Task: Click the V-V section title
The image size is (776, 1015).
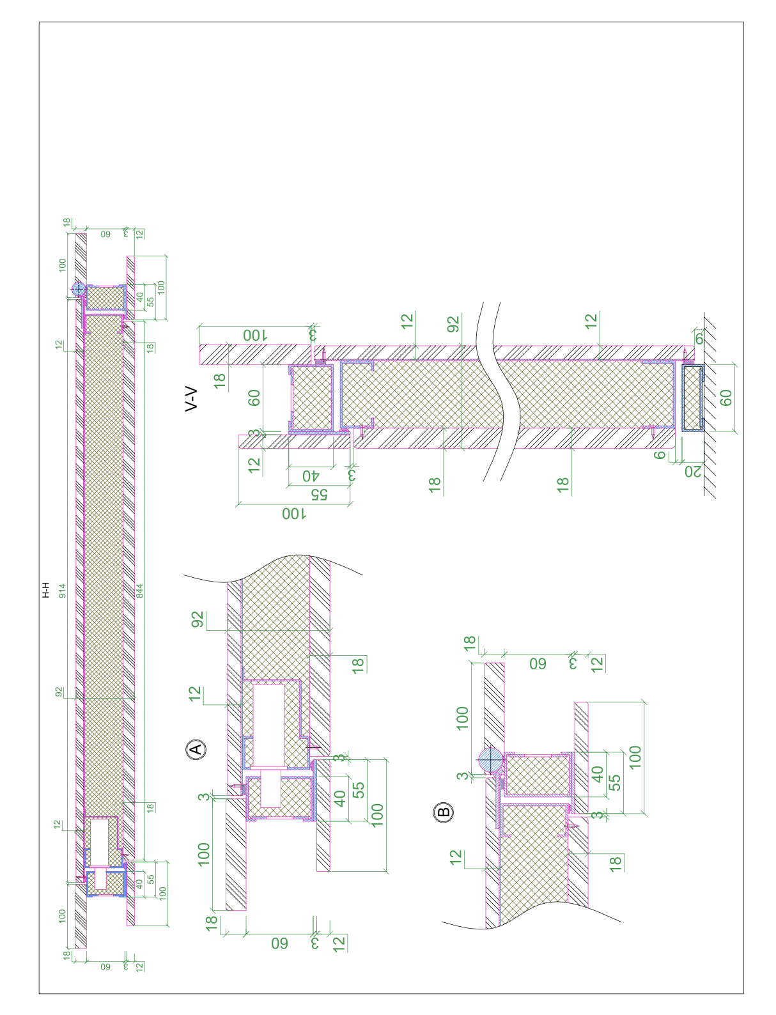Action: click(x=191, y=399)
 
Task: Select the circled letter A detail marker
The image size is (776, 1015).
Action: click(x=196, y=748)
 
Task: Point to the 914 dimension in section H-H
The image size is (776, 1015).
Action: click(x=62, y=591)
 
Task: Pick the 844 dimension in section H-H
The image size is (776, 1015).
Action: click(x=139, y=591)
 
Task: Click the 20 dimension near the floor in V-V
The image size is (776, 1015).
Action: click(x=693, y=471)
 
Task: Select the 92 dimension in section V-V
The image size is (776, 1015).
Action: click(x=454, y=323)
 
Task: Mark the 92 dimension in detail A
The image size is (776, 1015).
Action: click(x=198, y=619)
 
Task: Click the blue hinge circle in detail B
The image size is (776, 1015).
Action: click(x=491, y=760)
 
